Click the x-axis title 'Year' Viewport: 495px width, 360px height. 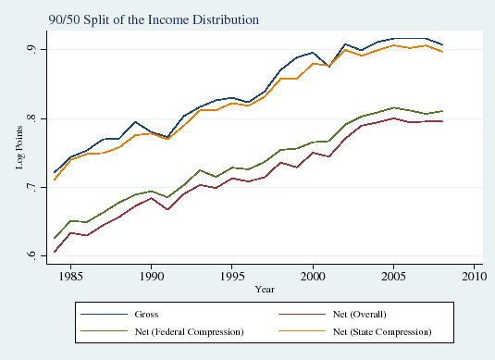[265, 289]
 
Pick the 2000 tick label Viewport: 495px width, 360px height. [314, 275]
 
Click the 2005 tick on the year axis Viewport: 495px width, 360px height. [394, 275]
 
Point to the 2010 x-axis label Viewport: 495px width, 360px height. [475, 275]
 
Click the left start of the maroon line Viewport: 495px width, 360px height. [55, 252]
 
